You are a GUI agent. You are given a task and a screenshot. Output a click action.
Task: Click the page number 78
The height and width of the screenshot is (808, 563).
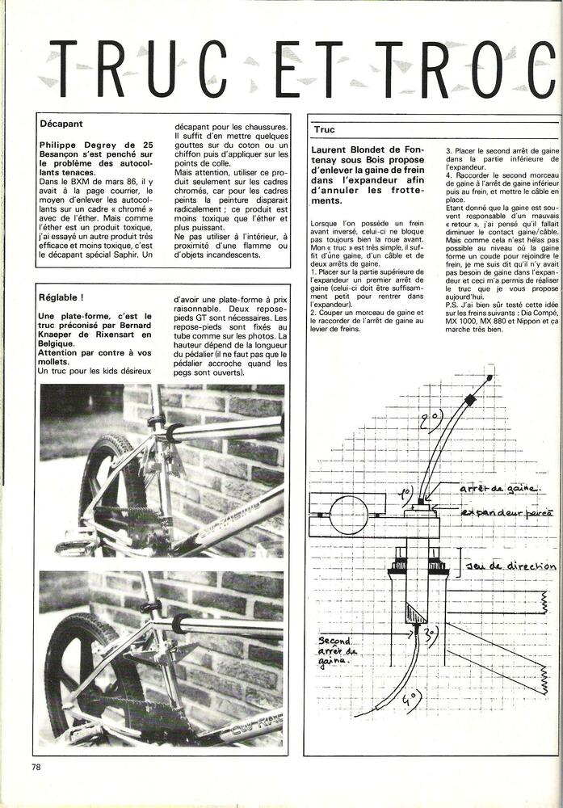click(36, 767)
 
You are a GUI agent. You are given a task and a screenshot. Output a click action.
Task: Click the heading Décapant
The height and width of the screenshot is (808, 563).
click(61, 124)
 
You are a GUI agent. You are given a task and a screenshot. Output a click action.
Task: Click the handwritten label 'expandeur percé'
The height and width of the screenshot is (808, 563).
click(506, 512)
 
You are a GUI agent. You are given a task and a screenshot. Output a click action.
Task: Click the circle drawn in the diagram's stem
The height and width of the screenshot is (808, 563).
click(348, 514)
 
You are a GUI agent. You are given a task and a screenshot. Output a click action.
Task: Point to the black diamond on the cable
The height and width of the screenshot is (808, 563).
click(469, 400)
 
